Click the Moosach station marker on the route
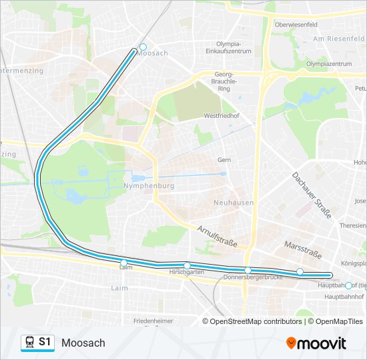(143, 47)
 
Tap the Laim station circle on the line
(124, 262)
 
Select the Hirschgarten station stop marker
(187, 265)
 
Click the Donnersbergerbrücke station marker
(248, 270)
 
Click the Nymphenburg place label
(149, 187)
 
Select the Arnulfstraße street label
(218, 236)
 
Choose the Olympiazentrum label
(328, 64)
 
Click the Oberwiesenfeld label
(296, 25)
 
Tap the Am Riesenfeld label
(337, 39)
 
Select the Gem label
(224, 160)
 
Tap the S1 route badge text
(45, 343)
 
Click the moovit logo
(316, 343)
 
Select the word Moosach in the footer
(83, 343)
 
